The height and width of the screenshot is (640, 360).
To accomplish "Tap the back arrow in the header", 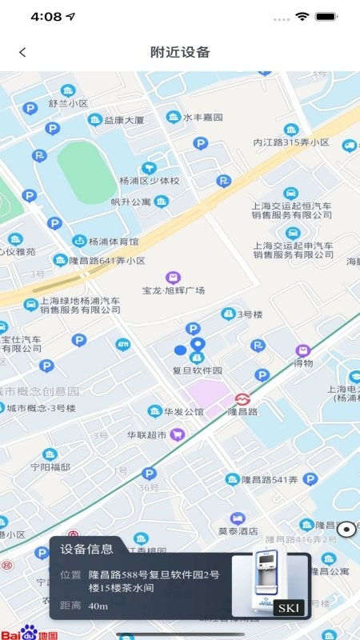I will [22, 53].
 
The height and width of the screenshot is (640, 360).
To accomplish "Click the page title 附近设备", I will [180, 53].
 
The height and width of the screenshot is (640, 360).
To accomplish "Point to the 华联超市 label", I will [147, 435].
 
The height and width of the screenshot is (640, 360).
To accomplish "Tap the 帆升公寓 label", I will [130, 202].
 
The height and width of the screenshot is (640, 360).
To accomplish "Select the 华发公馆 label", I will [184, 412].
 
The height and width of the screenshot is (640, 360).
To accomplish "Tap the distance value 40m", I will [98, 606].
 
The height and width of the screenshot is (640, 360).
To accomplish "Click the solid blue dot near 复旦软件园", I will [180, 350].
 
